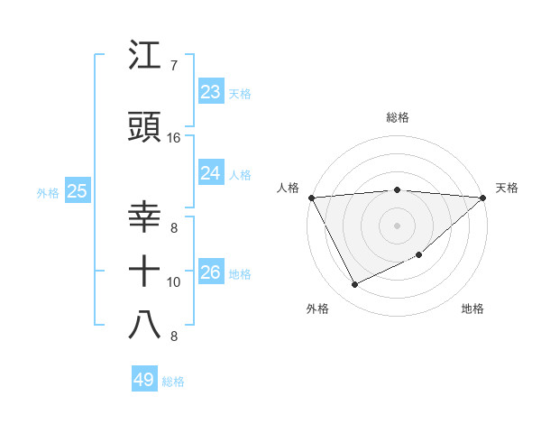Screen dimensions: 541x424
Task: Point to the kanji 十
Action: click(x=145, y=269)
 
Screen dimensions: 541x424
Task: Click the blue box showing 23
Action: click(x=211, y=92)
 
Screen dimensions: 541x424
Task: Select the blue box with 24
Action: click(x=211, y=173)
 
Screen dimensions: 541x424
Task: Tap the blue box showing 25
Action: click(x=78, y=191)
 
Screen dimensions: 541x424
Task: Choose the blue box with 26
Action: click(x=211, y=272)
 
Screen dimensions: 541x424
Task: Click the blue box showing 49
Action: click(x=144, y=380)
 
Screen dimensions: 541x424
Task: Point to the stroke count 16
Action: click(x=173, y=138)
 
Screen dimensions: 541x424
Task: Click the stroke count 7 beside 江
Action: click(x=173, y=66)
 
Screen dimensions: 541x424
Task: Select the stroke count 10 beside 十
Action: click(x=173, y=282)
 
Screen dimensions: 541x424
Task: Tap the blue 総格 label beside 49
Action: click(x=173, y=382)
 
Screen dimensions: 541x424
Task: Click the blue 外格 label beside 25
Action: click(x=49, y=192)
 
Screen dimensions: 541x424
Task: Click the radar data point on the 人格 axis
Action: click(x=311, y=198)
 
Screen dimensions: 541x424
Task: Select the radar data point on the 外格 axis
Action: click(x=354, y=285)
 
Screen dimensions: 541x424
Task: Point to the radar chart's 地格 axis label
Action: click(x=472, y=309)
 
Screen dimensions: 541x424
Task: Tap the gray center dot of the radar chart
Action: click(x=398, y=225)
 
